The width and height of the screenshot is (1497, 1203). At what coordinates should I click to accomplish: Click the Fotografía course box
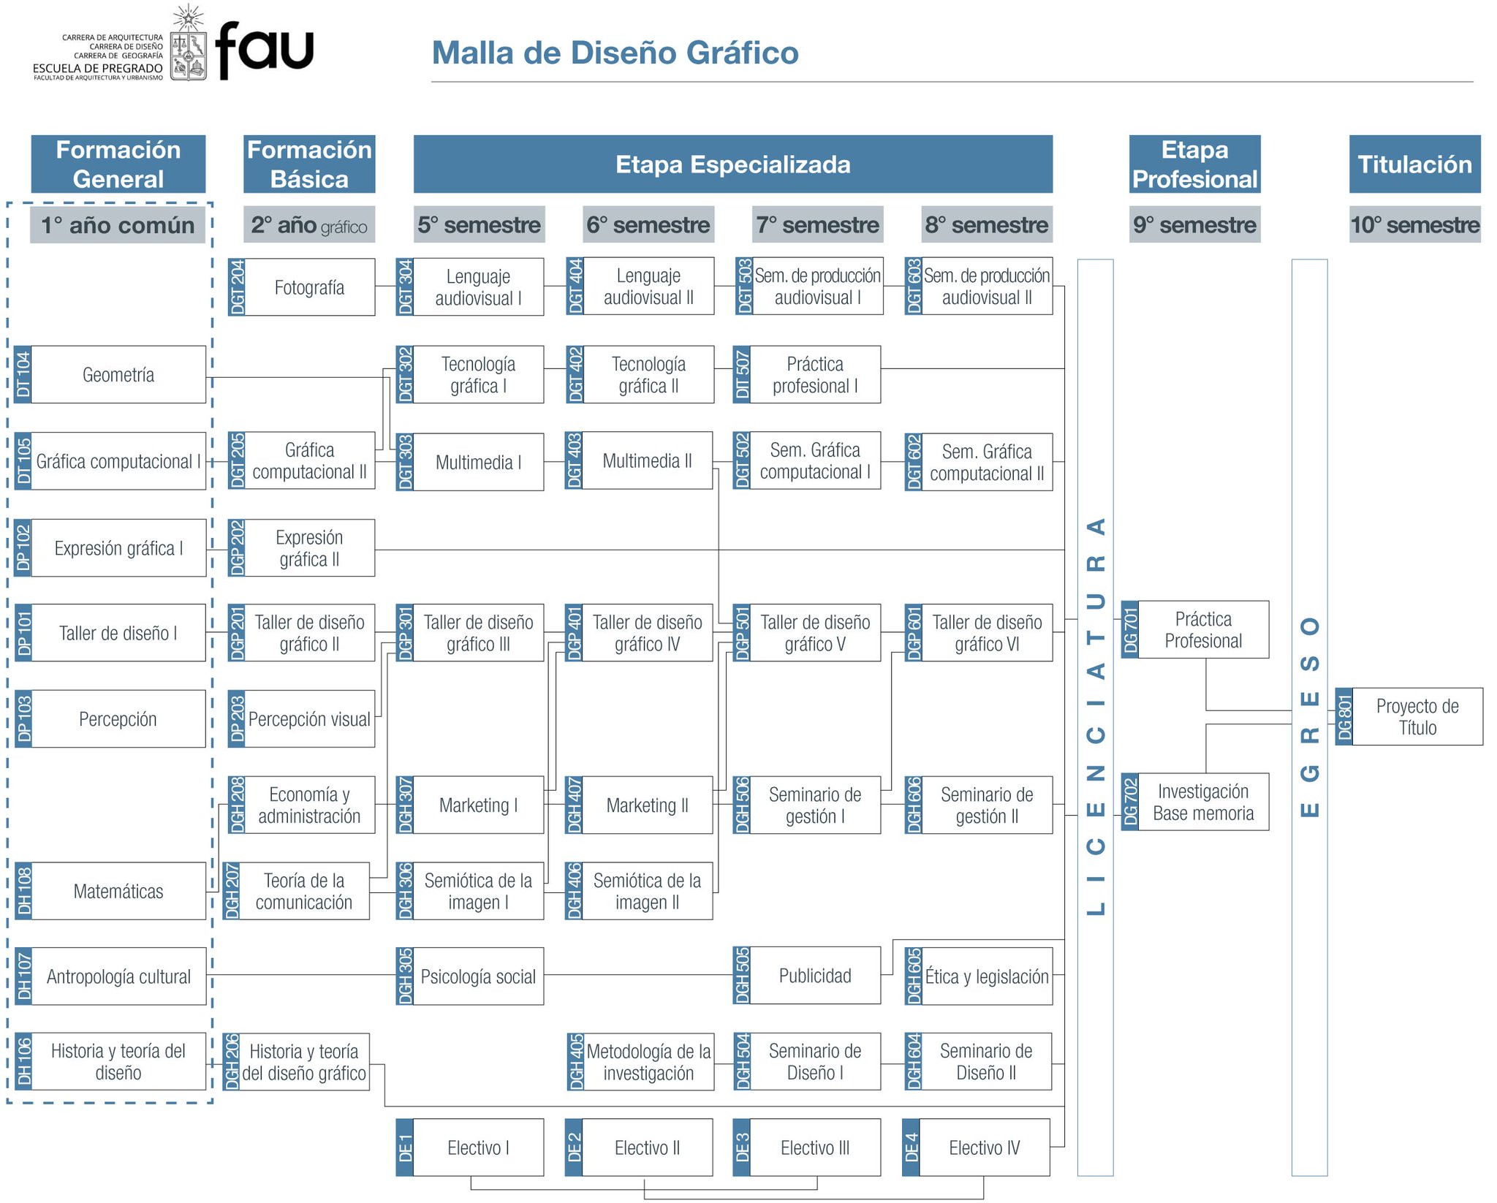coord(309,287)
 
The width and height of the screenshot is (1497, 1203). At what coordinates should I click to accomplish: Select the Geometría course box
coord(118,375)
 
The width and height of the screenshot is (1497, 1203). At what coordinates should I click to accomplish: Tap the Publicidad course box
coord(815,976)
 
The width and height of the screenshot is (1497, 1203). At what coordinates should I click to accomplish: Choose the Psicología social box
coord(478,976)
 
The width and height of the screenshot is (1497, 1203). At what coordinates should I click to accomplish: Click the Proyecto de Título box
coord(1417,717)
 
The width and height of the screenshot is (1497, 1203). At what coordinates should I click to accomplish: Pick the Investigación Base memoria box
coord(1203,802)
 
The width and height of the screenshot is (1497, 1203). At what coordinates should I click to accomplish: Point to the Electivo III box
coord(815,1147)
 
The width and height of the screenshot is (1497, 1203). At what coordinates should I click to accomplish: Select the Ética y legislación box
coord(987,976)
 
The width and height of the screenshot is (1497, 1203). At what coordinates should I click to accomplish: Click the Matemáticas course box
coord(118,891)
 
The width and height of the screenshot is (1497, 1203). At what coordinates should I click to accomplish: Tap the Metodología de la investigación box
coord(648,1062)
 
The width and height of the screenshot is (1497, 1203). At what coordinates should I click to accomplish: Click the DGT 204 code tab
coord(237,287)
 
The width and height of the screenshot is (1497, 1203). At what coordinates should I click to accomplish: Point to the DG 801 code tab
coord(1344,717)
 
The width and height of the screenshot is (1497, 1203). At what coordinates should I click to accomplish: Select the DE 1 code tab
coord(405,1147)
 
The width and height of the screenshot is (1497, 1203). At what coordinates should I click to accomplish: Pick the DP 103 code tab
coord(24,719)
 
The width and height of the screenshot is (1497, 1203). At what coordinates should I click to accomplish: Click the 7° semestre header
coord(818,225)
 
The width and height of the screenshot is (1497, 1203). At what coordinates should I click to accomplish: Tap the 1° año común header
coord(118,225)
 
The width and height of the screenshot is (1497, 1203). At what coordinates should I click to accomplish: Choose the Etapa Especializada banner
coord(732,164)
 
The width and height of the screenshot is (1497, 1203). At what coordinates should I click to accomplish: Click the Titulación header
coord(1414,164)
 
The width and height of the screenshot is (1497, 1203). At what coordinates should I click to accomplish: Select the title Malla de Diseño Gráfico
coord(615,53)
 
